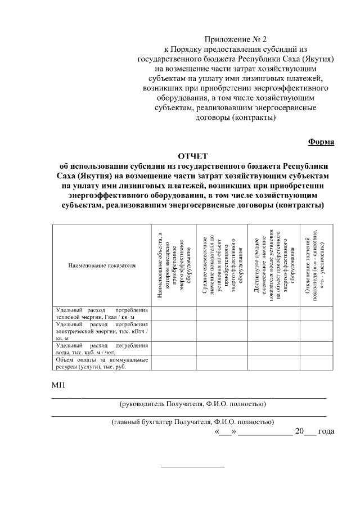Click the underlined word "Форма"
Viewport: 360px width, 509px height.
(321, 142)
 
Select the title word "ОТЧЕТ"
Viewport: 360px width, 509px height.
(193, 155)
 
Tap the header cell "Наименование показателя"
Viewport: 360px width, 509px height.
(102, 264)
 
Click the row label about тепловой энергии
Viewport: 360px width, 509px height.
(102, 313)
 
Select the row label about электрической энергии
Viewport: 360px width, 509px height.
(102, 331)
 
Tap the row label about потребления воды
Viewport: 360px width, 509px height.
(102, 349)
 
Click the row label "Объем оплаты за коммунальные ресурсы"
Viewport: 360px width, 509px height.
(102, 363)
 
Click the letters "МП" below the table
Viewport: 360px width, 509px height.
(58, 385)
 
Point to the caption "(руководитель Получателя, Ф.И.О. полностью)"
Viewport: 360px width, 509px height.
(192, 404)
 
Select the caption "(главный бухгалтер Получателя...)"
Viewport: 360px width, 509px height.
(192, 421)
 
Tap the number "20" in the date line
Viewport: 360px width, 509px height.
(299, 432)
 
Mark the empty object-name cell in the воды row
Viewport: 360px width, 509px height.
(173, 349)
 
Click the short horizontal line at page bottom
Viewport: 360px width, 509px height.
(193, 466)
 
